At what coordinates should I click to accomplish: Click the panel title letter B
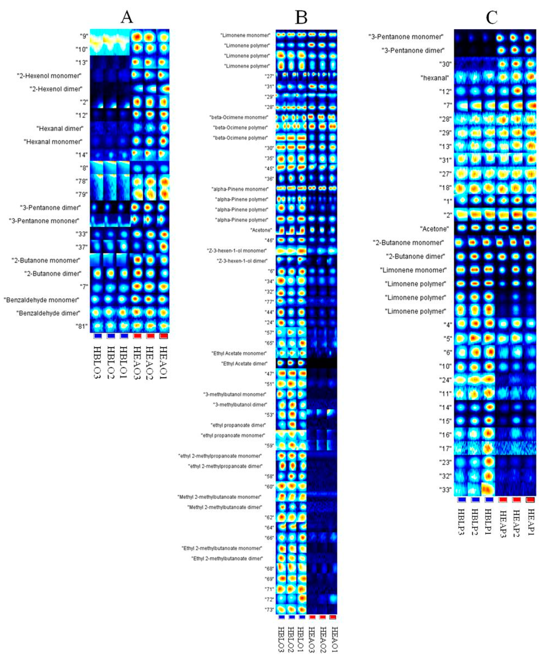[x=301, y=18]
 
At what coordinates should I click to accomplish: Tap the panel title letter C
[x=491, y=18]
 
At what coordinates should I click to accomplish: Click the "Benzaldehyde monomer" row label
[x=41, y=300]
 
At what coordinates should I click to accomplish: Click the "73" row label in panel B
[x=269, y=610]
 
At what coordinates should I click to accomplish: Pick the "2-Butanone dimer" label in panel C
[x=415, y=256]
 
